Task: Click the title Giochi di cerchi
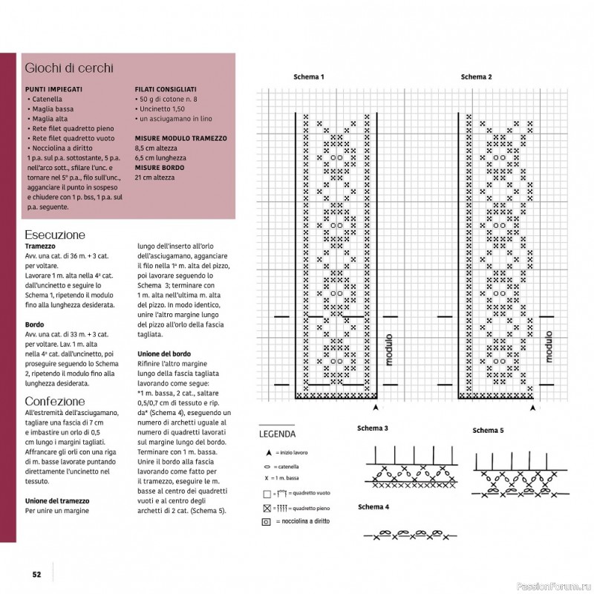click(69, 68)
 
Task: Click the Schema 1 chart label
click(308, 77)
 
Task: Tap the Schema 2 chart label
click(476, 77)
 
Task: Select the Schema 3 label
click(373, 428)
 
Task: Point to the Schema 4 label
click(373, 507)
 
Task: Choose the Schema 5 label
click(488, 431)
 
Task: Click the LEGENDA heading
click(276, 434)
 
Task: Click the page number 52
click(36, 573)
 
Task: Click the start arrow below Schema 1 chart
click(376, 408)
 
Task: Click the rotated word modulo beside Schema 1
click(388, 349)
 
